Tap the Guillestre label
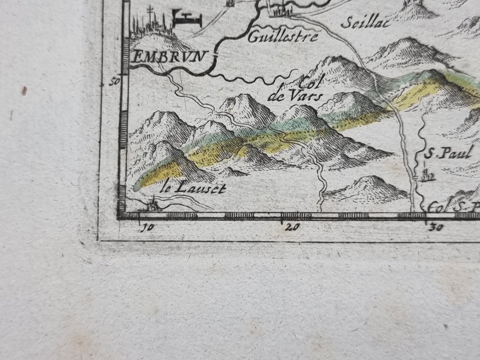pyautogui.click(x=283, y=36)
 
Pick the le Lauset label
pyautogui.click(x=193, y=188)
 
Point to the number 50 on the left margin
pyautogui.click(x=114, y=81)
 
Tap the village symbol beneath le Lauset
pyautogui.click(x=153, y=206)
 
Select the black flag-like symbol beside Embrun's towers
pyautogui.click(x=187, y=18)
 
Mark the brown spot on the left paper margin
pyautogui.click(x=24, y=91)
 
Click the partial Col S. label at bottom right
pyautogui.click(x=454, y=207)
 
